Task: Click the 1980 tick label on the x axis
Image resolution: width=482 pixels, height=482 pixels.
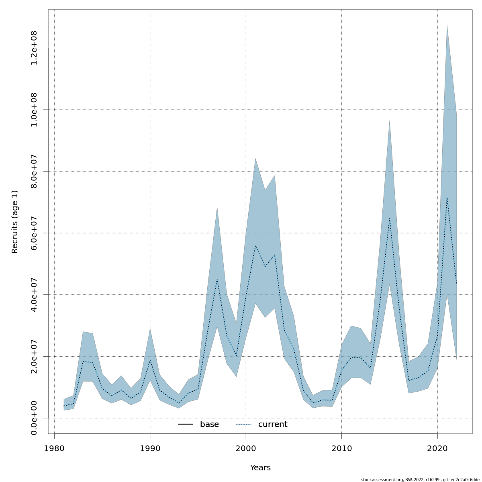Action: coord(54,448)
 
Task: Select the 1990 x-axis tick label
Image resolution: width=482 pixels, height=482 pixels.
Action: coord(150,448)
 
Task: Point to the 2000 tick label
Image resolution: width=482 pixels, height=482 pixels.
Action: coord(246,448)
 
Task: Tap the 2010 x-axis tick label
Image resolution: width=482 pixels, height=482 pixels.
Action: coord(341,448)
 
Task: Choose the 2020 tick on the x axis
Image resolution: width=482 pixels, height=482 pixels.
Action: coord(437,448)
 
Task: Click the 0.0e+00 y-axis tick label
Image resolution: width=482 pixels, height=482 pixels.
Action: coord(34,418)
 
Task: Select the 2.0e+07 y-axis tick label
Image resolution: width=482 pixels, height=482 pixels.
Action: coord(34,356)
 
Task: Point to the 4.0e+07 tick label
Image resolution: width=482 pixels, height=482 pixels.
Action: coord(34,294)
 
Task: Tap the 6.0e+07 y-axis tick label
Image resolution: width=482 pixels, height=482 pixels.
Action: coord(34,233)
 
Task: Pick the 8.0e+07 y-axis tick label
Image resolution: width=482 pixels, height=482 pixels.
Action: coord(34,171)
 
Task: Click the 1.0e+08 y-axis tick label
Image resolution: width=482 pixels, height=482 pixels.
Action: coord(34,110)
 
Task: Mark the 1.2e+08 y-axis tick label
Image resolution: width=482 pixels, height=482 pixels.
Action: coord(34,48)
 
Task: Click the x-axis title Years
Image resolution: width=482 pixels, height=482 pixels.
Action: coord(260,468)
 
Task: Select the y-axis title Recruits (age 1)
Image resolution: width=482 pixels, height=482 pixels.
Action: coord(15,222)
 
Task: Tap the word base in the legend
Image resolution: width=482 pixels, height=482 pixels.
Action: coord(209,425)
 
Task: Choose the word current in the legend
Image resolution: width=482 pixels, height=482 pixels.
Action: coord(273,425)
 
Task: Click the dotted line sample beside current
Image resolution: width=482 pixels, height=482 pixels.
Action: coord(244,425)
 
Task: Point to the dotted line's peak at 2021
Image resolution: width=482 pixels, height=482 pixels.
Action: coord(447,197)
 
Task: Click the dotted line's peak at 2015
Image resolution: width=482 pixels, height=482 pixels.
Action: coord(389,218)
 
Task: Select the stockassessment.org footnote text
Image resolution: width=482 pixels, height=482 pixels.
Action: coord(420,480)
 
